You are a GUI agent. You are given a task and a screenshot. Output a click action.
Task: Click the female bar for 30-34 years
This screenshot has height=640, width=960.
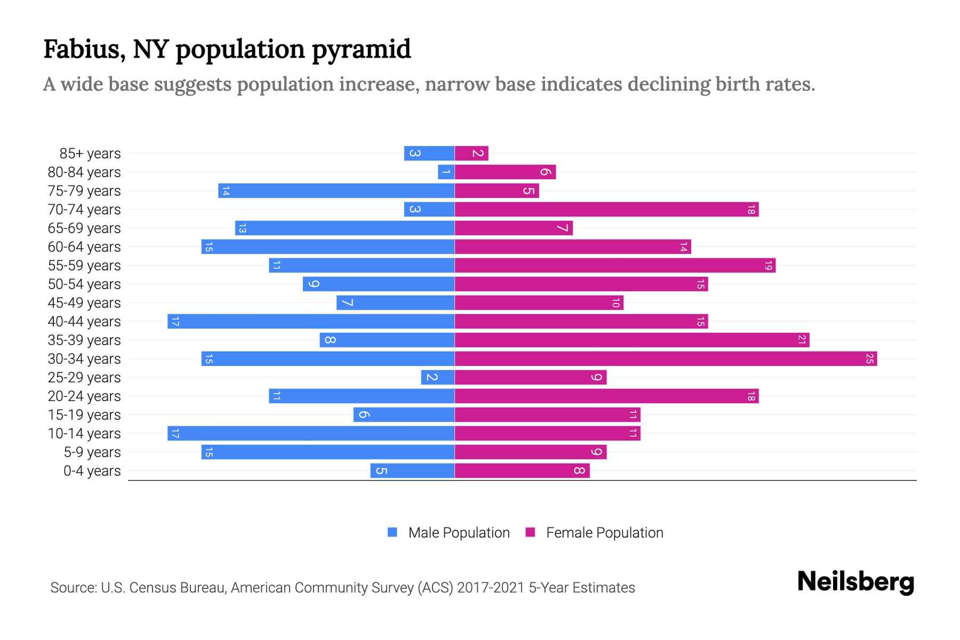pos(666,359)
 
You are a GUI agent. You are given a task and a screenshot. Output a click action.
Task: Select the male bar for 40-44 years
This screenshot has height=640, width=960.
pos(311,322)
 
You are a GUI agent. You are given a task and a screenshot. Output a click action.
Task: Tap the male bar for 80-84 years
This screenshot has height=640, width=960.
pos(446,172)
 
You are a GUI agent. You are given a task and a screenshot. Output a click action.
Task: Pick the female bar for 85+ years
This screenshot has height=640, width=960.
pos(471,154)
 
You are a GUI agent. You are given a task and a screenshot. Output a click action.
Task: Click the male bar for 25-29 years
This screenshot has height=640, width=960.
pos(437,378)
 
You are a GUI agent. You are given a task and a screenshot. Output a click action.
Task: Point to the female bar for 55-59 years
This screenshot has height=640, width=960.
pos(615,266)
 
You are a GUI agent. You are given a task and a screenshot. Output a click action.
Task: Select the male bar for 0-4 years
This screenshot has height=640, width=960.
pos(412,471)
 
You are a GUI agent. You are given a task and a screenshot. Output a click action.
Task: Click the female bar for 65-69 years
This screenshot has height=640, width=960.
pos(514,228)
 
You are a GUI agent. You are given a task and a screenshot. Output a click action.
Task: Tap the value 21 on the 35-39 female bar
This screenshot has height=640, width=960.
pos(801,340)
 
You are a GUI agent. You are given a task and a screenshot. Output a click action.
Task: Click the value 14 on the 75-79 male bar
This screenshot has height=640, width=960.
pos(226,191)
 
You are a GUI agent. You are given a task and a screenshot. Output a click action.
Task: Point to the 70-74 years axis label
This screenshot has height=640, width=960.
pos(84,210)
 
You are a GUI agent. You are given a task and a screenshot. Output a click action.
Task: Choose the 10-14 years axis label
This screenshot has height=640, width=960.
pos(84,434)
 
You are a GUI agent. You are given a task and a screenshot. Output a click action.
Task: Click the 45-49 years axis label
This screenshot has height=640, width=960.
pos(84,303)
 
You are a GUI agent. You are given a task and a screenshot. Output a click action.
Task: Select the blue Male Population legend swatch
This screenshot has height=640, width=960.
pos(393,532)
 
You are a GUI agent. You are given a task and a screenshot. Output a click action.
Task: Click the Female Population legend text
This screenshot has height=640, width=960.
pos(604,533)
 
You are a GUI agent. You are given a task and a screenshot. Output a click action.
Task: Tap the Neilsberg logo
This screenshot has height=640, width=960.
pos(855,582)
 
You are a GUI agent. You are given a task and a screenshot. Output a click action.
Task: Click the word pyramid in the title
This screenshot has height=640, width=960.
pos(361,50)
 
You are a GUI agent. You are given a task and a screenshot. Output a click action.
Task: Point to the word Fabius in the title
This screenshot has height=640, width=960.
pos(84,49)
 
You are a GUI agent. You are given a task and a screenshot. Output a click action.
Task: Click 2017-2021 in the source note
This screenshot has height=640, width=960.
pos(491,588)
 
